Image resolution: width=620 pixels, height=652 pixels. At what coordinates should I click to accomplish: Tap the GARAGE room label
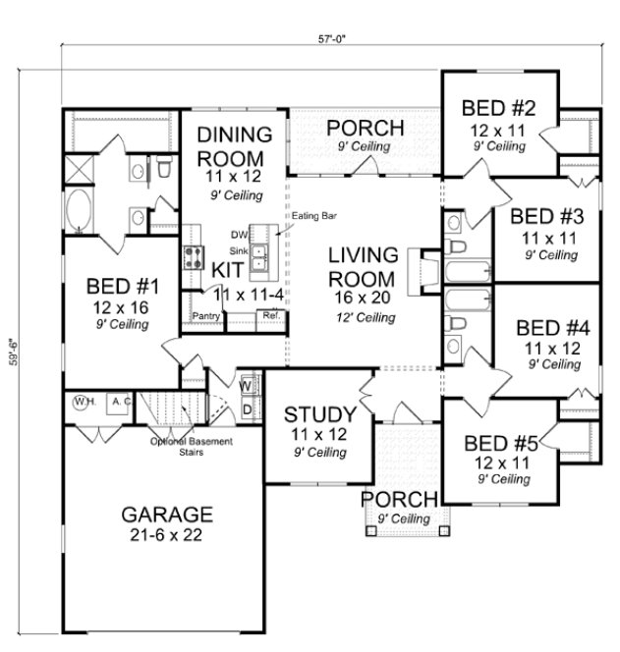(x=167, y=514)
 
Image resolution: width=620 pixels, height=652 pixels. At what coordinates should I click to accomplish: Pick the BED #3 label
(x=547, y=217)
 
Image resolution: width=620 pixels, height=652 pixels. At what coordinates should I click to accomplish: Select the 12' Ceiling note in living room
(x=364, y=317)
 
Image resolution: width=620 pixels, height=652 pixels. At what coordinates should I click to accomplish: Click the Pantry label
(x=205, y=316)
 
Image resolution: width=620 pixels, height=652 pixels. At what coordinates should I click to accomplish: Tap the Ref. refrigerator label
(x=267, y=316)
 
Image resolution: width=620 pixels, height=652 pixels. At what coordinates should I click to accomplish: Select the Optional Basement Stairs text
(x=192, y=447)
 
